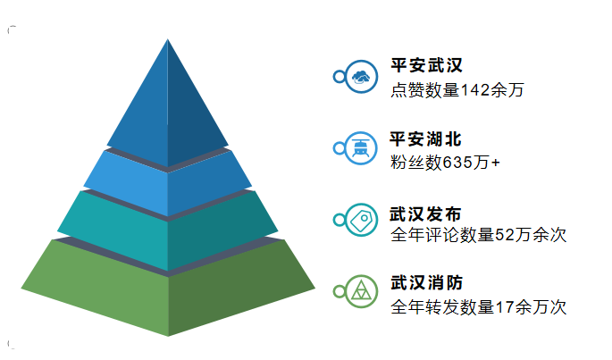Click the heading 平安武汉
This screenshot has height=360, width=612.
tap(426, 65)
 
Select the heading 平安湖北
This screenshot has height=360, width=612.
tap(426, 139)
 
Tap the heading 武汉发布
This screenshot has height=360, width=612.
tap(426, 214)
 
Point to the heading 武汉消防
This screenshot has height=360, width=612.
tap(426, 282)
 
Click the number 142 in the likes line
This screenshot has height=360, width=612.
tap(475, 90)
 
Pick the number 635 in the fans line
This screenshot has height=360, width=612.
tap(457, 163)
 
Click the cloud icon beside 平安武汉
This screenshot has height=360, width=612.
tap(361, 77)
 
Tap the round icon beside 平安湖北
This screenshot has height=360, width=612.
tap(361, 148)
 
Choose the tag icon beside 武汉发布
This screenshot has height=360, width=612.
tap(361, 220)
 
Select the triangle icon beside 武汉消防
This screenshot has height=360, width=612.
tap(361, 291)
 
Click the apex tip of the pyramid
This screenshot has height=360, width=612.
tap(168, 38)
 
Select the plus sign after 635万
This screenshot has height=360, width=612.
tap(496, 163)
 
